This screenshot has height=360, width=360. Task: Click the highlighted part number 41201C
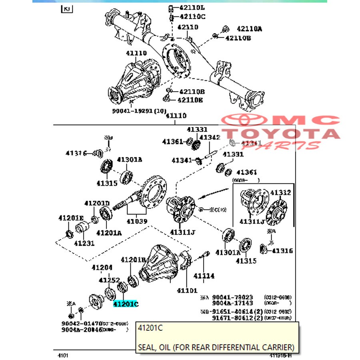[125, 304]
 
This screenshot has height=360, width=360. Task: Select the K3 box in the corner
[67, 9]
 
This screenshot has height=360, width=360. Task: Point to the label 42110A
[249, 28]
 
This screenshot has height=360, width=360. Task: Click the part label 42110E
[190, 100]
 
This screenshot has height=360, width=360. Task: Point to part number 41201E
[71, 218]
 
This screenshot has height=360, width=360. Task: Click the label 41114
[204, 276]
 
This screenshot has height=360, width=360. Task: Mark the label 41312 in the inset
[280, 193]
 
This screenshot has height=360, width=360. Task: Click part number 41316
[282, 251]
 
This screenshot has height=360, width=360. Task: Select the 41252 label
[109, 280]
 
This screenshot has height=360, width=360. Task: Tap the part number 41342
[210, 138]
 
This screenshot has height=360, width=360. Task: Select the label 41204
[102, 268]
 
